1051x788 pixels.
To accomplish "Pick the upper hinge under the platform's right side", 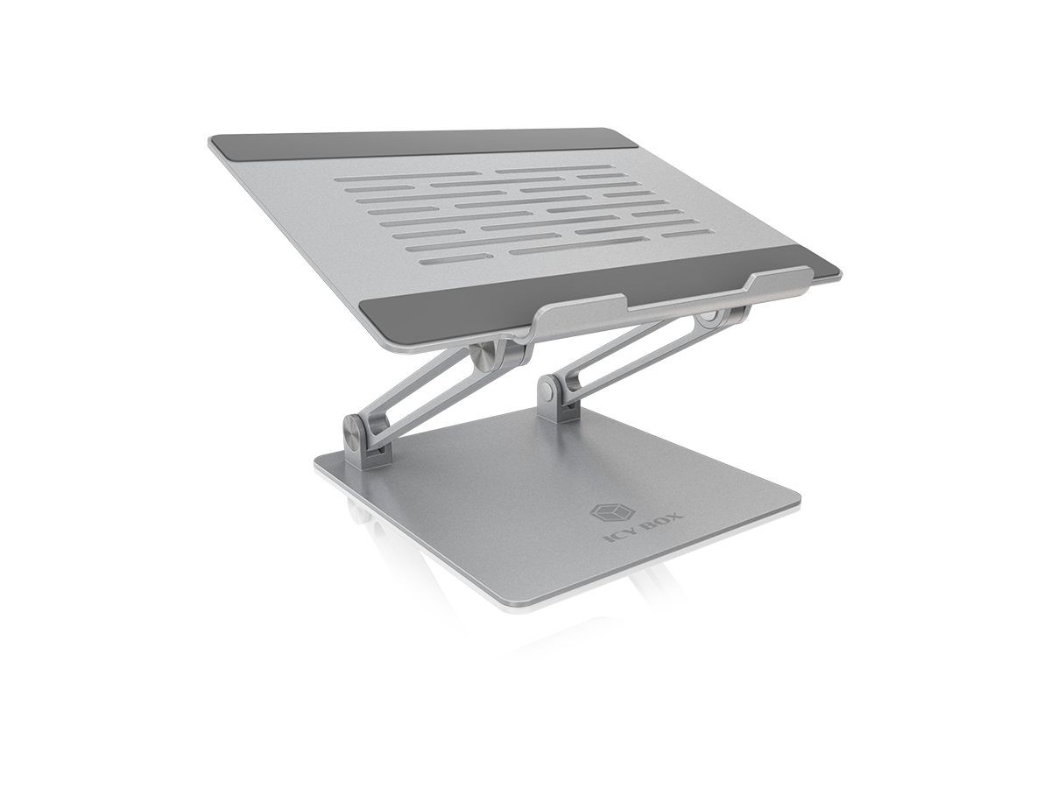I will click(709, 320).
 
